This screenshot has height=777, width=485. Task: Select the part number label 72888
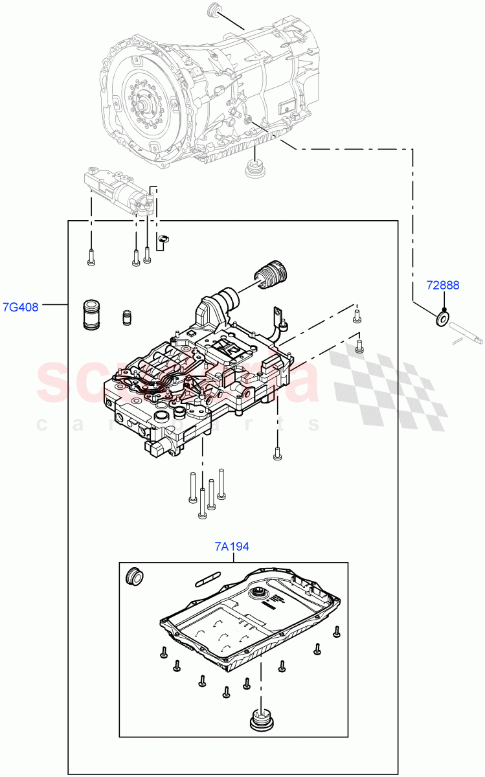[444, 285]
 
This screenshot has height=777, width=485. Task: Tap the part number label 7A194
[232, 547]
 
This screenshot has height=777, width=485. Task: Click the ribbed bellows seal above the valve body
[271, 277]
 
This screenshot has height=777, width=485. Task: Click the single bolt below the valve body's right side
[277, 453]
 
